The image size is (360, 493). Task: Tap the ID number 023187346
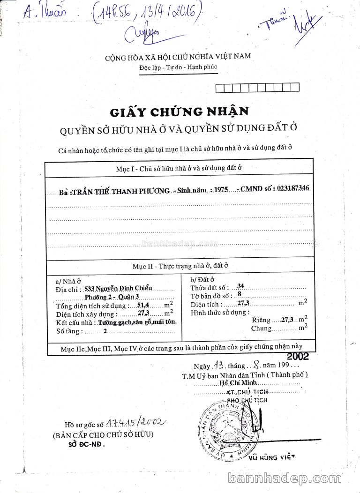293,188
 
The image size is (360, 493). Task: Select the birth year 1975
220,189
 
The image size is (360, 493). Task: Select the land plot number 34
240,286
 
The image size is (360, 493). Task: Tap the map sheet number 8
240,294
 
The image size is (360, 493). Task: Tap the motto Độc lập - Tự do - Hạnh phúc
178,67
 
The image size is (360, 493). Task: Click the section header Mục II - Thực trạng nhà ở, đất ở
180,266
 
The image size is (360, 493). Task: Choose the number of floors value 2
105,331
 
